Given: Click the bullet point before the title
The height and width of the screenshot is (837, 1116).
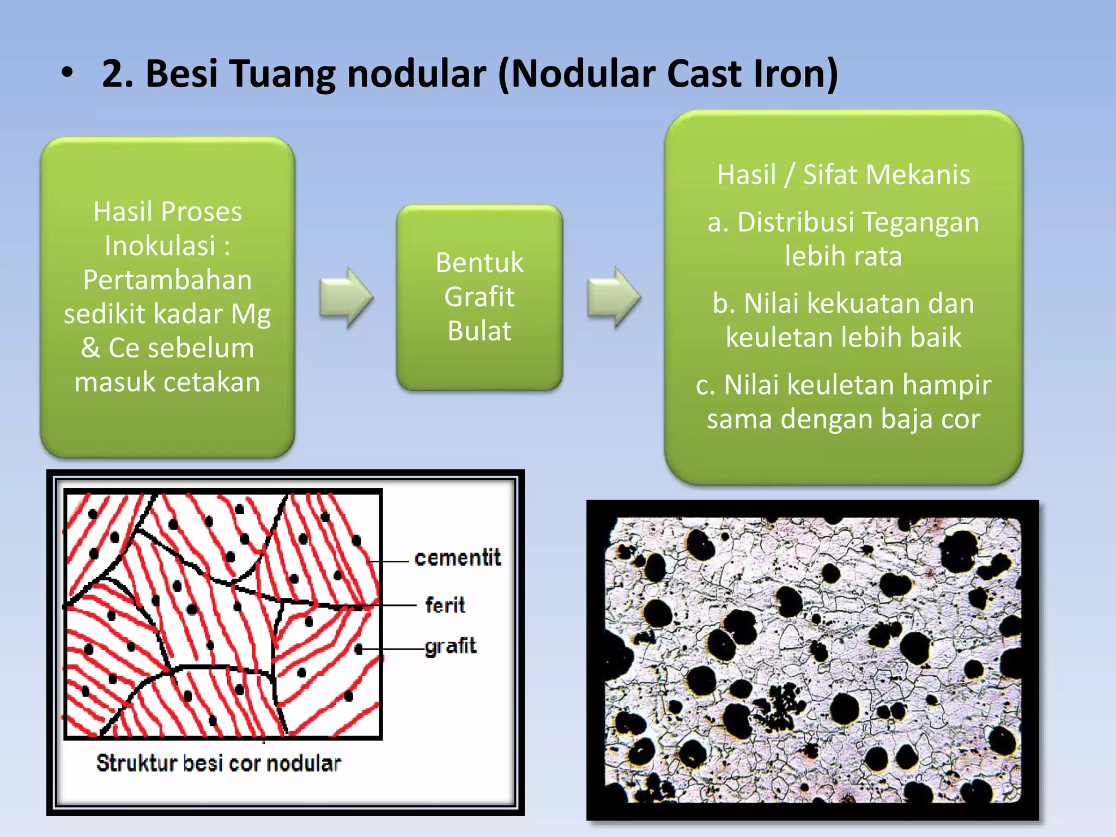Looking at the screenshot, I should coord(66,74).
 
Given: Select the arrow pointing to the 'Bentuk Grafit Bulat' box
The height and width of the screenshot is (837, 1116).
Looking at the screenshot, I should coord(347,298).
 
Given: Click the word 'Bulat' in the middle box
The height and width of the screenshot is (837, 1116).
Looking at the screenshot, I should coord(480,331).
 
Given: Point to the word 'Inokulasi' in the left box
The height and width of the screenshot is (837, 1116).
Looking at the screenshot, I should coord(160,246).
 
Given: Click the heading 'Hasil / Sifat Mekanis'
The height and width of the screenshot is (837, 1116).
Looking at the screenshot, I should coord(843,175).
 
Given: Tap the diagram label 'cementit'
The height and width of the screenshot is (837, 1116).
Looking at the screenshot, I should coord(457,558).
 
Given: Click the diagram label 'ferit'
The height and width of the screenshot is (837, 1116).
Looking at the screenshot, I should coord(445,605).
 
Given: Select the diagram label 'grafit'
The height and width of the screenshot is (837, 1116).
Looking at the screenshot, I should coord(450,646).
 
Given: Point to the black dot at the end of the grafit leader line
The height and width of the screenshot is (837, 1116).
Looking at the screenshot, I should coord(359,649).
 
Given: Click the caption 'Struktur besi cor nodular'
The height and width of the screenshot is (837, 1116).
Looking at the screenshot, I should coord(219,763).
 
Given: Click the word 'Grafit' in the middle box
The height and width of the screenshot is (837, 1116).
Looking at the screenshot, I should coord(480,297).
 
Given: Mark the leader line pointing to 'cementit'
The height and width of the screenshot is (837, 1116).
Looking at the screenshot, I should coord(389,561).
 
